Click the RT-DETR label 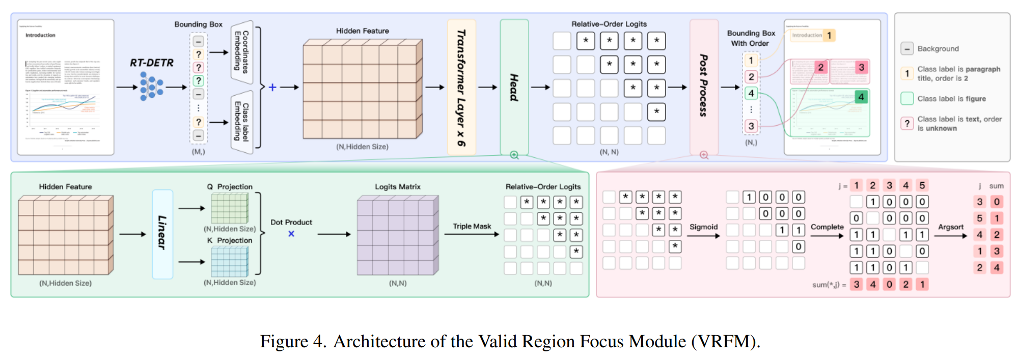click(151, 63)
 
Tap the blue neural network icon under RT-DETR click(151, 86)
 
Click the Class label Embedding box click(242, 122)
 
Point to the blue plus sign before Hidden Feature click(272, 87)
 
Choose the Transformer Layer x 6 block click(461, 87)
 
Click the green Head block click(514, 87)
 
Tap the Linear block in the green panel click(162, 234)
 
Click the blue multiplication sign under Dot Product click(291, 234)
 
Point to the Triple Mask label click(472, 226)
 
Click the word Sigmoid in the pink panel click(703, 227)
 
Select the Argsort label click(951, 227)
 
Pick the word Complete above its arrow click(827, 227)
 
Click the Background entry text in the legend click(938, 49)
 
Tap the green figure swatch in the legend click(907, 98)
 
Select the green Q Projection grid click(230, 208)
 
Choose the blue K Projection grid click(230, 262)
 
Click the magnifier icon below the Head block click(514, 155)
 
